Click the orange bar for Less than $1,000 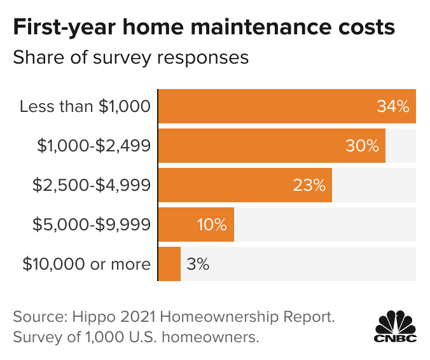[x=267, y=106]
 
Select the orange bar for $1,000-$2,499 [x=254, y=146]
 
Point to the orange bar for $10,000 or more [x=169, y=264]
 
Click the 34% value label [x=392, y=106]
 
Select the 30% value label [x=362, y=146]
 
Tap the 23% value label [x=309, y=185]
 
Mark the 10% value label [x=211, y=225]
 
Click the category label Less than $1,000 [x=85, y=106]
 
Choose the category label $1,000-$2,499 [x=94, y=146]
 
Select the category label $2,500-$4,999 [x=92, y=185]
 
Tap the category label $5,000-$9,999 [x=92, y=225]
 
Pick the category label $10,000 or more [x=87, y=264]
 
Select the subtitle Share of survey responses [x=130, y=57]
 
